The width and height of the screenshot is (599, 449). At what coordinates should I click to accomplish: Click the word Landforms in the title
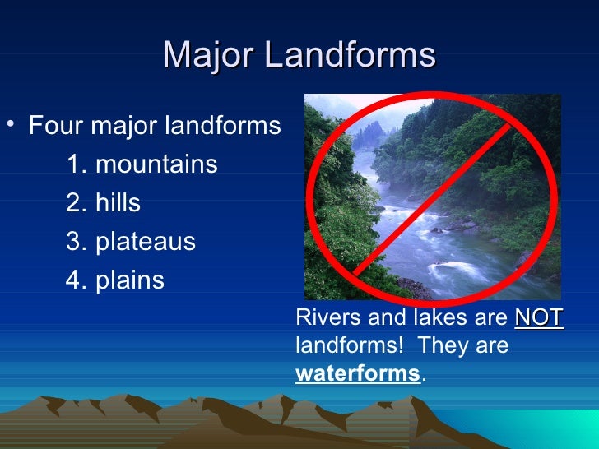[354, 56]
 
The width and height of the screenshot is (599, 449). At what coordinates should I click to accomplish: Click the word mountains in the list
[156, 164]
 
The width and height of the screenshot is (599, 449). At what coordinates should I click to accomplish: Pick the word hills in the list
[118, 203]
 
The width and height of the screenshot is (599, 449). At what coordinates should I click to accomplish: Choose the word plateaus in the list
[146, 242]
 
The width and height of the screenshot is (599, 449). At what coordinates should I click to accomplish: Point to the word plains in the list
[130, 280]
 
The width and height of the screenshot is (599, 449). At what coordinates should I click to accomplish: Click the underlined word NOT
[539, 318]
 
